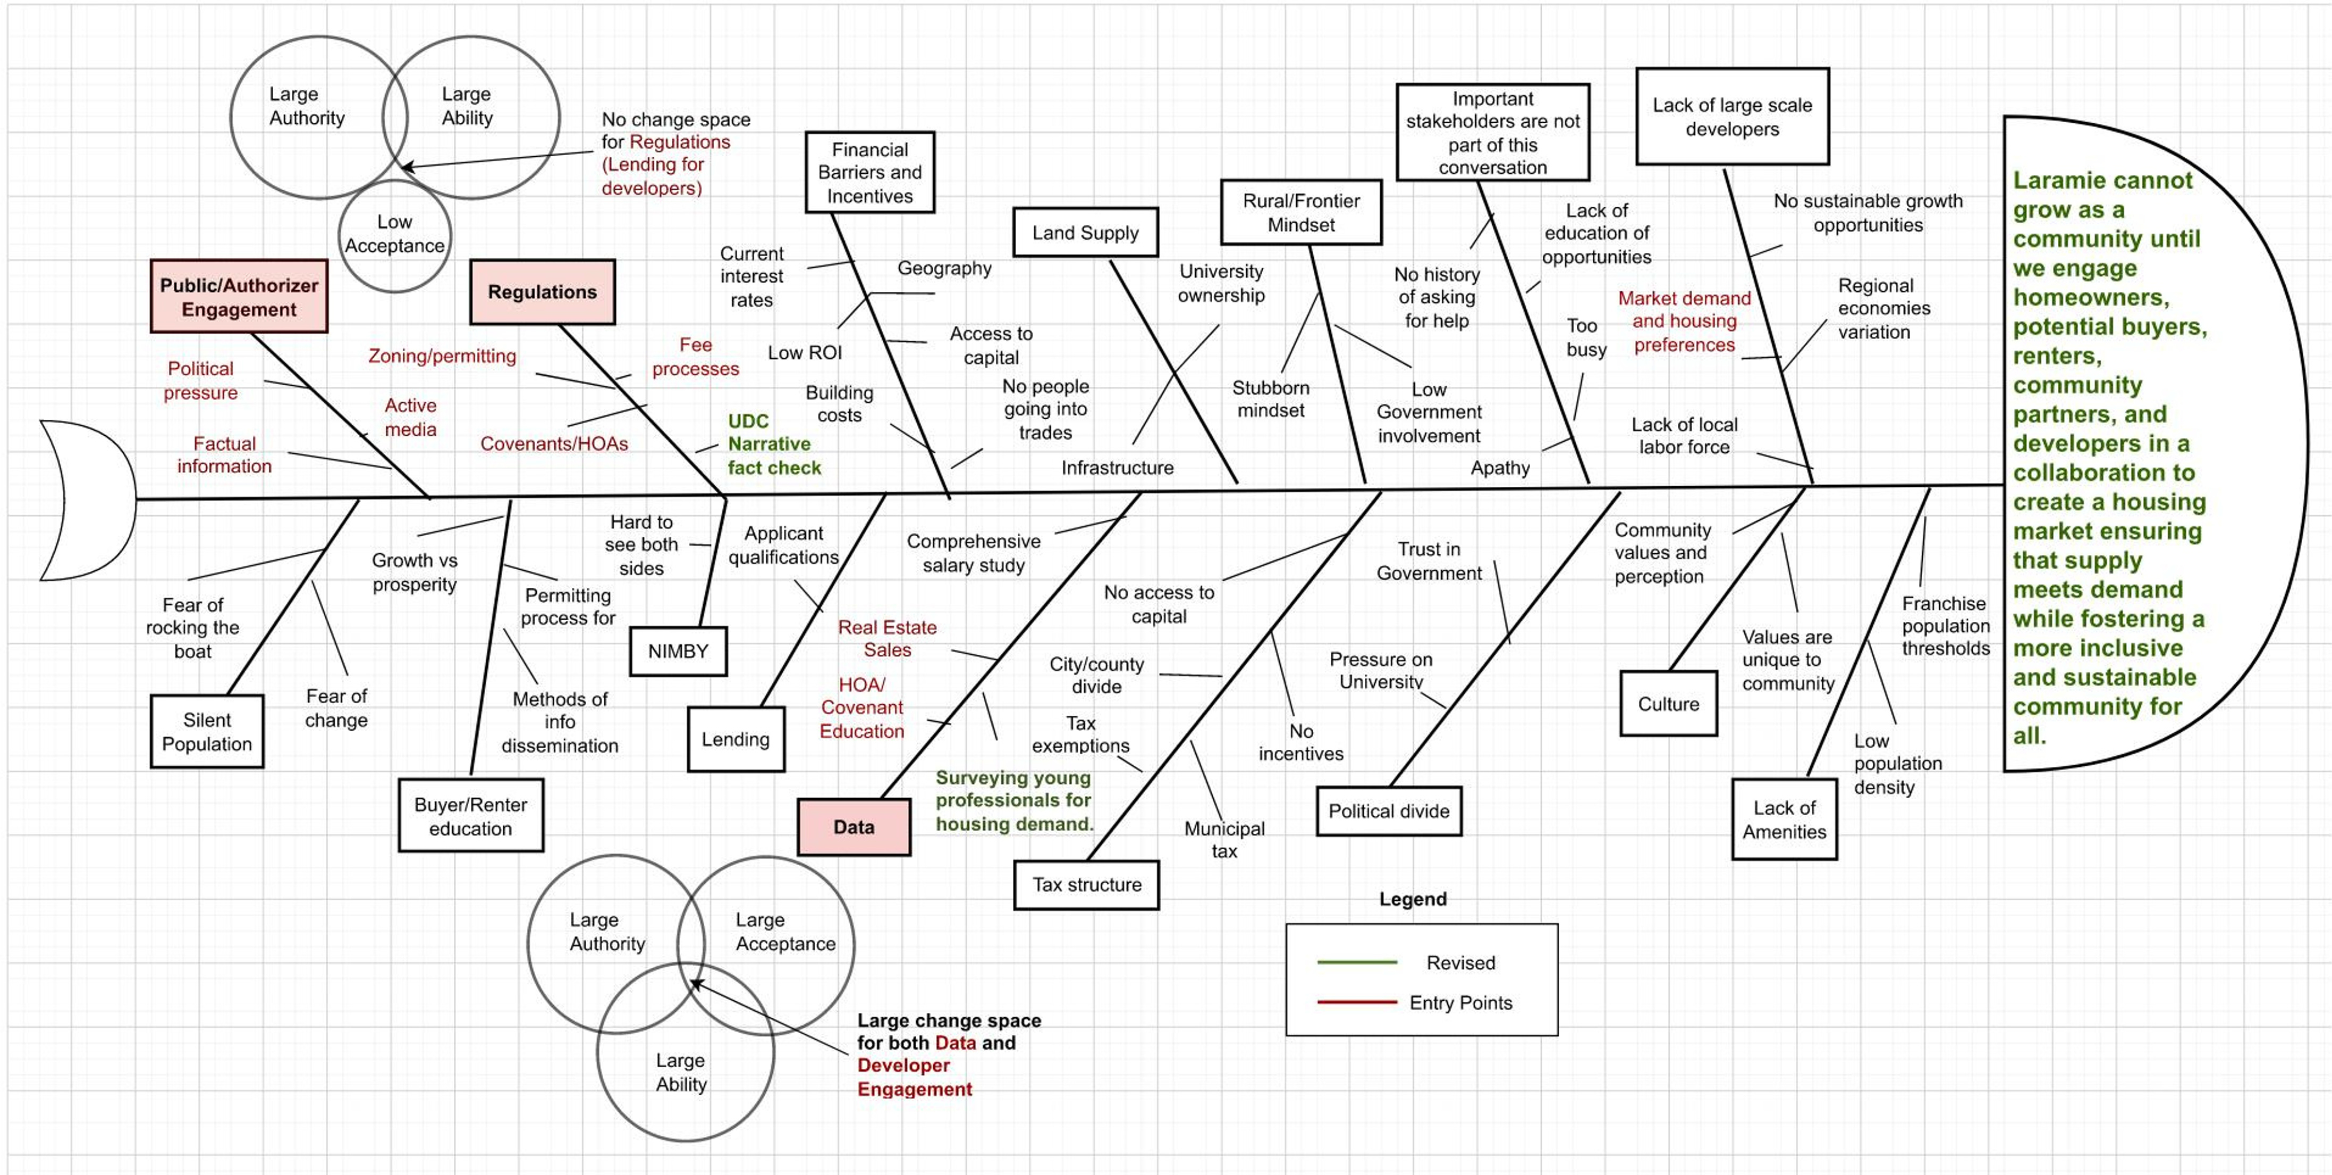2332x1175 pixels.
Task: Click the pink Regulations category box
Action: pyautogui.click(x=542, y=291)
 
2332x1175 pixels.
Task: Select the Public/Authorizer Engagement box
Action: pyautogui.click(x=239, y=297)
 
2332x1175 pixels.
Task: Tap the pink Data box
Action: pyautogui.click(x=854, y=826)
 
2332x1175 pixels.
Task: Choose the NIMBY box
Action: pyautogui.click(x=678, y=651)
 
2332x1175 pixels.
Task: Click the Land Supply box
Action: pyautogui.click(x=1085, y=233)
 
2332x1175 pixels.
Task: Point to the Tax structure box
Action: pyautogui.click(x=1086, y=884)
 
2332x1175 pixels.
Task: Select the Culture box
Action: pyautogui.click(x=1668, y=704)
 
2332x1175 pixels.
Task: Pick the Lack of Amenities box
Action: pyautogui.click(x=1784, y=819)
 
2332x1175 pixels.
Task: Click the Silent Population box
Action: pyautogui.click(x=207, y=731)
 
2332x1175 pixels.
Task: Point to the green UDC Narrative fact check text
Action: pyautogui.click(x=773, y=444)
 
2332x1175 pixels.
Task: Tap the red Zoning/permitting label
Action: pyautogui.click(x=442, y=356)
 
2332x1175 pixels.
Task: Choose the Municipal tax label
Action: pyautogui.click(x=1224, y=839)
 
